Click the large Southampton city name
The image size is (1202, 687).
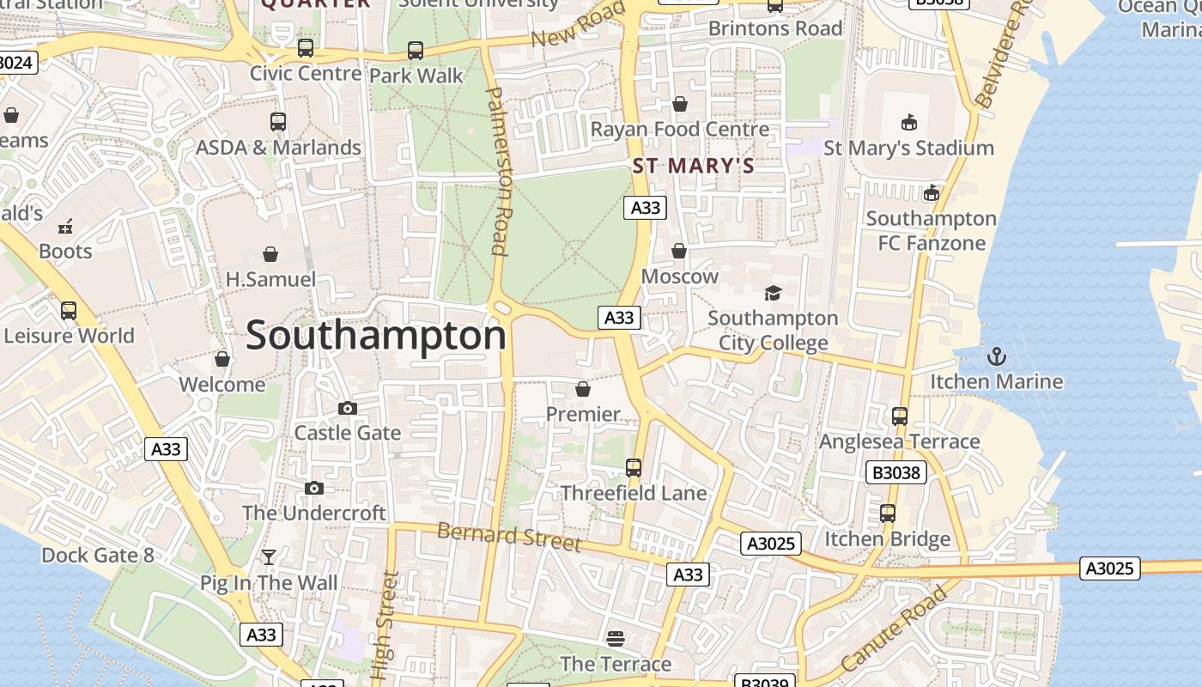coord(376,335)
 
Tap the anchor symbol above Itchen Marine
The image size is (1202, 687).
coord(996,356)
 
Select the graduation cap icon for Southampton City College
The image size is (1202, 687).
coord(773,293)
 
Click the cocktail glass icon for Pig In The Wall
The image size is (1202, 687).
coord(269,557)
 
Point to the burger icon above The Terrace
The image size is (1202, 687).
coord(615,638)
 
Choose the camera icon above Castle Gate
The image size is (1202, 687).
coord(347,408)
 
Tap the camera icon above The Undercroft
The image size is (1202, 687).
coord(314,488)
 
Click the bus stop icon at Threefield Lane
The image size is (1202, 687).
coord(634,468)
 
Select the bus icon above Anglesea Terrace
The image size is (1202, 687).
coord(899,416)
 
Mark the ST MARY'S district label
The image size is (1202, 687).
coord(694,167)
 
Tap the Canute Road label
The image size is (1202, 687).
coord(894,628)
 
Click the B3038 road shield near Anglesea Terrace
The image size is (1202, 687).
coord(895,472)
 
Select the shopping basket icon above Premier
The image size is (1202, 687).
coord(583,389)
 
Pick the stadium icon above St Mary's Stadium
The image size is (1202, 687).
coord(908,123)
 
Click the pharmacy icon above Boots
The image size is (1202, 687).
coord(65,227)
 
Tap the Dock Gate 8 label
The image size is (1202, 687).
coord(98,556)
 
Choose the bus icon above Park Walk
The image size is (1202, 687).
coord(416,51)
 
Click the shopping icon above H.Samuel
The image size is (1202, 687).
coord(270,254)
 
